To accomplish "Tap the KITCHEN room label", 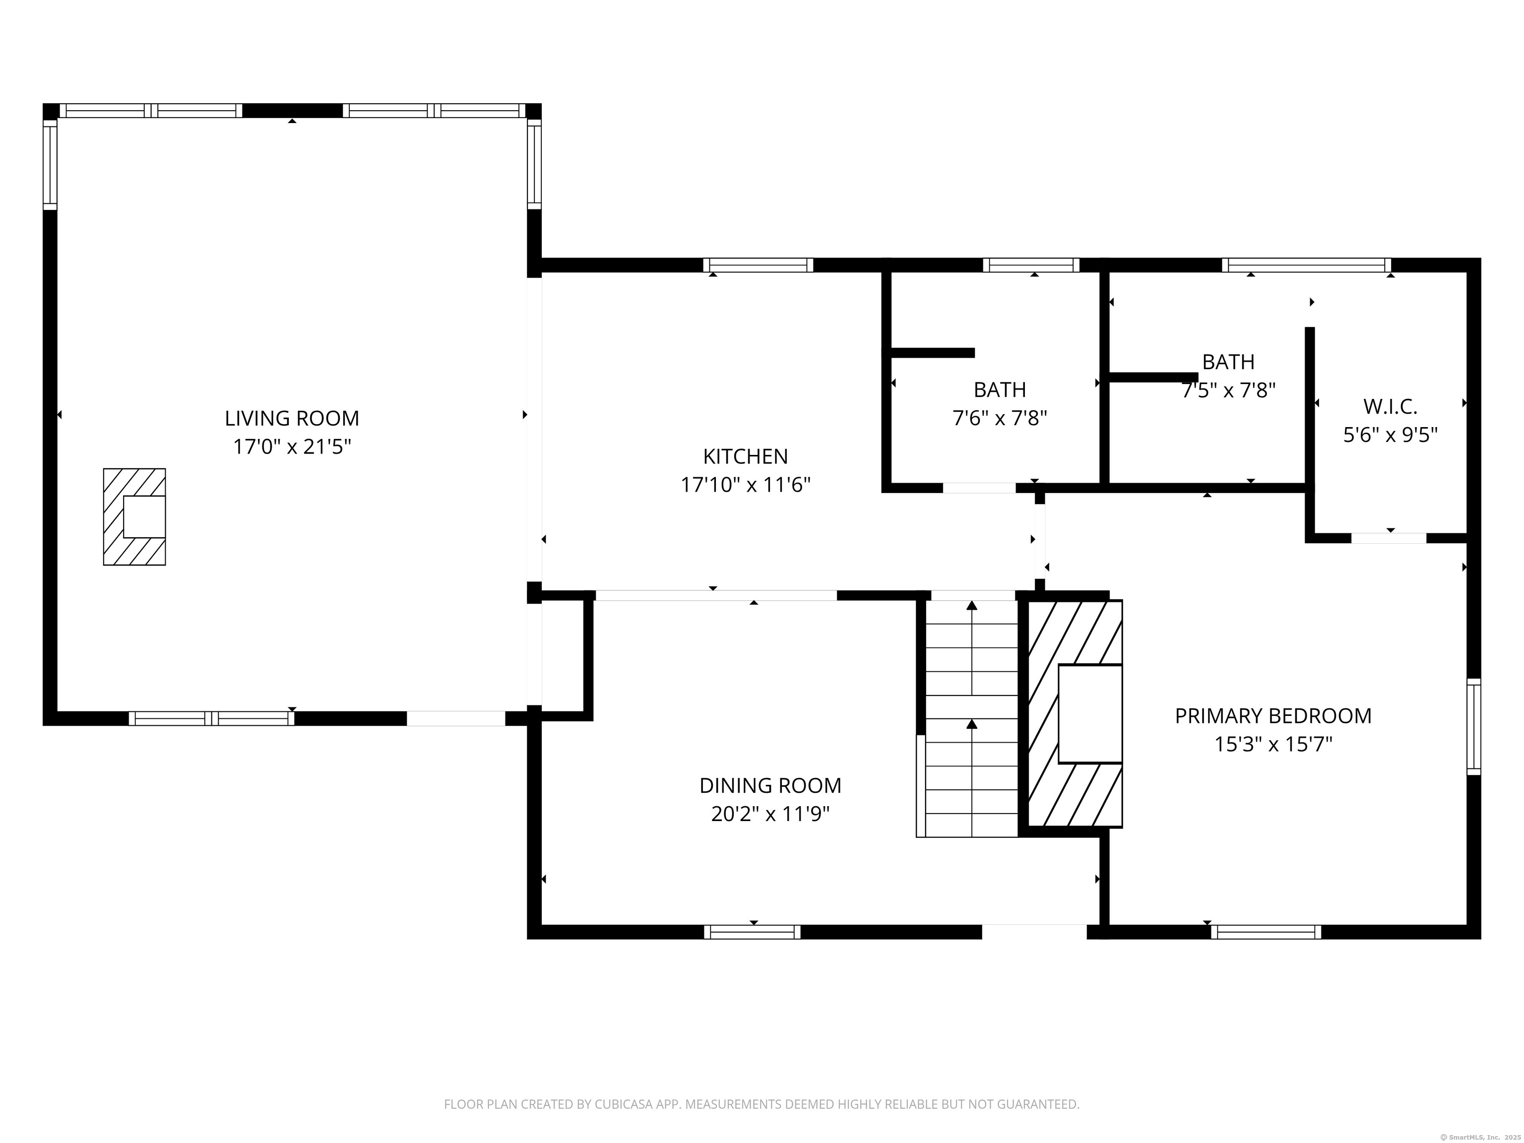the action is (746, 456).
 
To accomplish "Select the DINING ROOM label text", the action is (770, 785).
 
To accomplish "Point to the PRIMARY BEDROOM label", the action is (1273, 716).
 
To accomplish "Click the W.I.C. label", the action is (1391, 406).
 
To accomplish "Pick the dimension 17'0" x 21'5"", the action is (292, 447).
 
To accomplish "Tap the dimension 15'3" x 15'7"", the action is (1273, 745).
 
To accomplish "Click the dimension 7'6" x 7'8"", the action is (1000, 418).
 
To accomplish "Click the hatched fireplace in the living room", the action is (134, 517).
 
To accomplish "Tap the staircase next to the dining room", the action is (971, 718).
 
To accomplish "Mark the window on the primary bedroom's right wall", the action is (1474, 726).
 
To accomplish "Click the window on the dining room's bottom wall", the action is (753, 932).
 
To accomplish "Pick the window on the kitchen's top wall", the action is (758, 265).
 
